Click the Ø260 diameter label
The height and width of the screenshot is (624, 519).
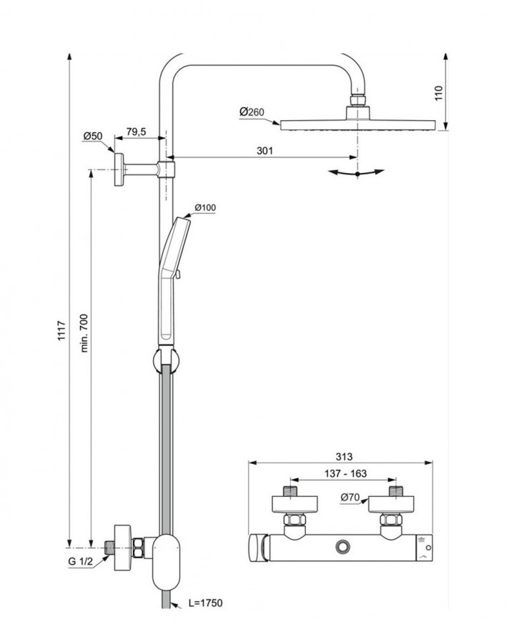(252, 112)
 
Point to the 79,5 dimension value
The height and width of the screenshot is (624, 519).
(136, 132)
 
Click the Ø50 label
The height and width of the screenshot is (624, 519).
(93, 136)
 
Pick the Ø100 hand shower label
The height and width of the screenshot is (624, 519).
(204, 208)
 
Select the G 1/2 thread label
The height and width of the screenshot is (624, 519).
(81, 561)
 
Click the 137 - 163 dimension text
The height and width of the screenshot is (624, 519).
(342, 473)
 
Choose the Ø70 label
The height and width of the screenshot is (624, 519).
(350, 497)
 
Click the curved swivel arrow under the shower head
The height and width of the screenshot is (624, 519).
(355, 172)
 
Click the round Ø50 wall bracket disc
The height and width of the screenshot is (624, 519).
(117, 169)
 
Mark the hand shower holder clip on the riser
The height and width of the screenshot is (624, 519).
(163, 360)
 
